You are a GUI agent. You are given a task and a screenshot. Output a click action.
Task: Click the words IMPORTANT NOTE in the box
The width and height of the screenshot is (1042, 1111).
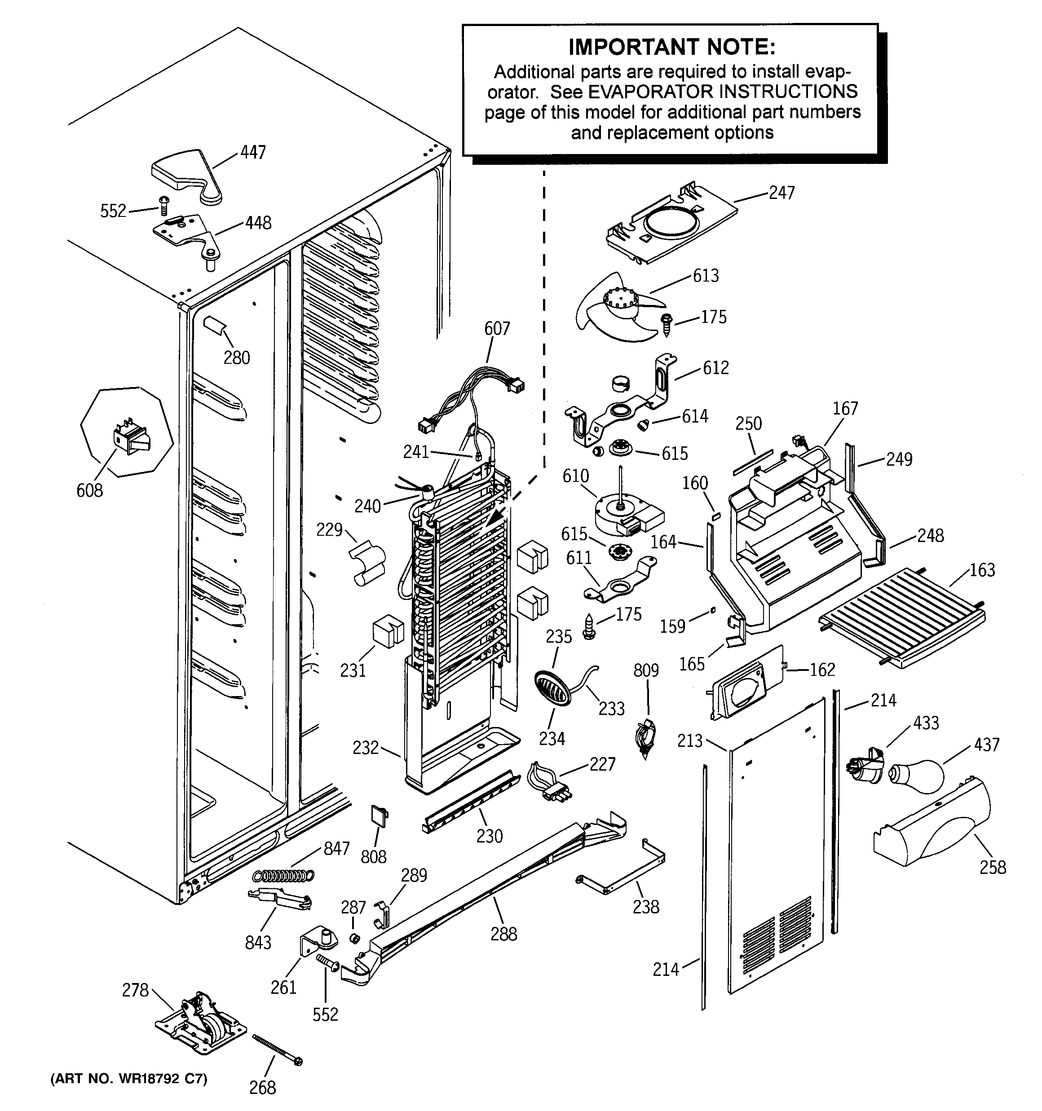(x=671, y=48)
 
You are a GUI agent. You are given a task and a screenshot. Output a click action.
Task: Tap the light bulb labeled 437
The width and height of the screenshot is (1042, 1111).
(x=917, y=776)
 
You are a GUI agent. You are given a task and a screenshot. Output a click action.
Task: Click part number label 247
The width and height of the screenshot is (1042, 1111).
(x=781, y=193)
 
